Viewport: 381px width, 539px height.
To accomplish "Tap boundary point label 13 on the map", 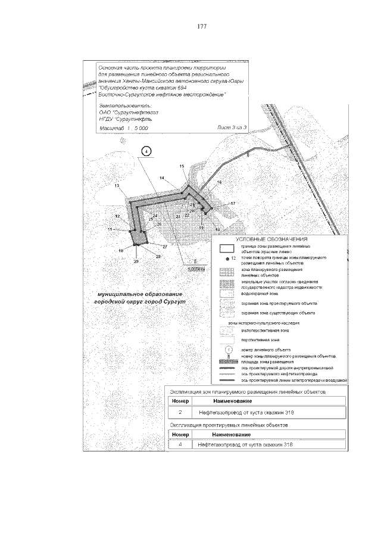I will pos(117,186).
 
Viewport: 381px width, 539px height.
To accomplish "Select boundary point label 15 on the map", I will pos(182,165).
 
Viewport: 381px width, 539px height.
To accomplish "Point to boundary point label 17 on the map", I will pos(233,204).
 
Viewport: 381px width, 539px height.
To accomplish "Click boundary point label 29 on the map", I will pos(136,262).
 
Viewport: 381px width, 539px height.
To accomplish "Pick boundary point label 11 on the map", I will pos(110,229).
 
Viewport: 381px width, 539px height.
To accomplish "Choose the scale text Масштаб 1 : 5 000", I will pos(124,127).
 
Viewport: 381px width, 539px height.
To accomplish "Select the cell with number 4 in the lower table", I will pos(180,444).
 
